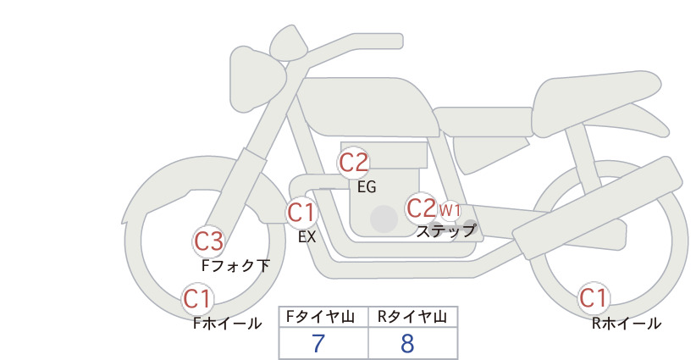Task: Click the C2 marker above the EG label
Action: pyautogui.click(x=353, y=163)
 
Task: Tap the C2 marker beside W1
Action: pyautogui.click(x=421, y=208)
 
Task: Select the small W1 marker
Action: pyautogui.click(x=450, y=210)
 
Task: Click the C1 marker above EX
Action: pyautogui.click(x=301, y=213)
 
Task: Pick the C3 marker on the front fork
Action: pyautogui.click(x=208, y=241)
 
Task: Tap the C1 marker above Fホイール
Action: pyautogui.click(x=197, y=299)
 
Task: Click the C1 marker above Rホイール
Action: pyautogui.click(x=594, y=298)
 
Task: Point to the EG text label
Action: pyautogui.click(x=367, y=187)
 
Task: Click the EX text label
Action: pyautogui.click(x=307, y=237)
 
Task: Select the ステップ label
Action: pyautogui.click(x=445, y=231)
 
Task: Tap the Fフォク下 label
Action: pyautogui.click(x=235, y=265)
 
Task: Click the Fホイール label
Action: pyautogui.click(x=227, y=324)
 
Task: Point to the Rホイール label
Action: pyautogui.click(x=627, y=324)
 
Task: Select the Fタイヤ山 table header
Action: pyautogui.click(x=320, y=317)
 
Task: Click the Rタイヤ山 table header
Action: pyautogui.click(x=412, y=317)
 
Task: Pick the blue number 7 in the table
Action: pyautogui.click(x=318, y=344)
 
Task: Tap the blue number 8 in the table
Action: pyautogui.click(x=407, y=344)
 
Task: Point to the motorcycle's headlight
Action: pyautogui.click(x=257, y=79)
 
